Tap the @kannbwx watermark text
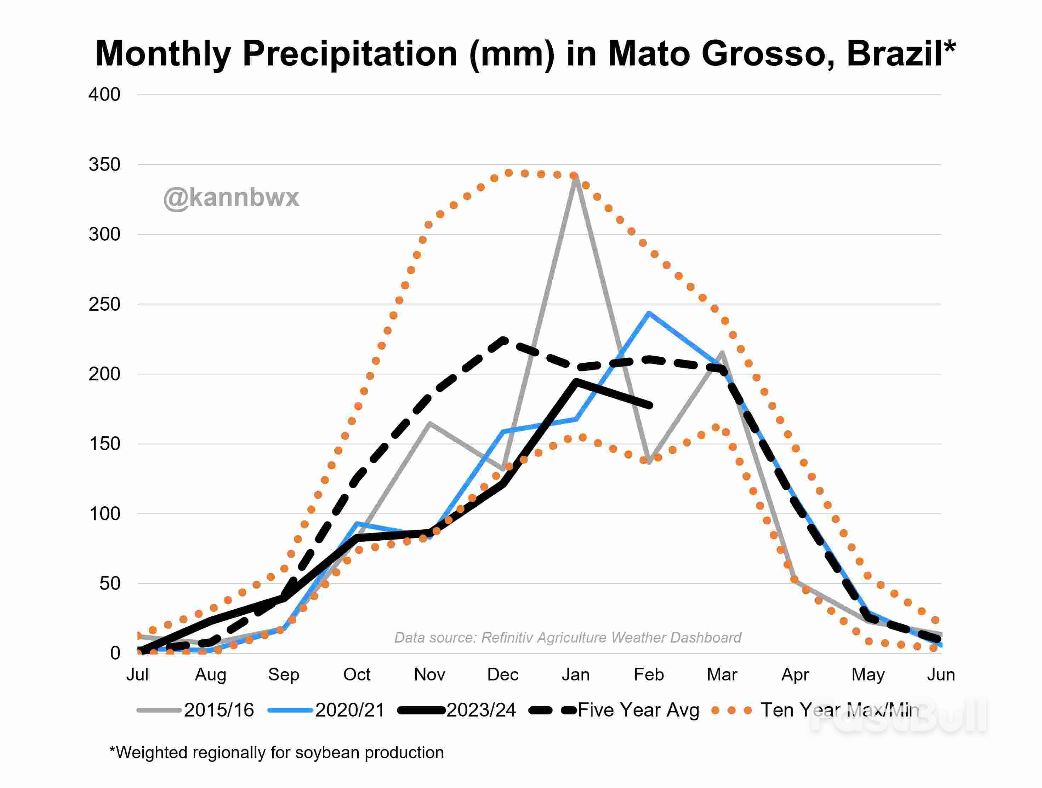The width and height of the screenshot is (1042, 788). point(231,197)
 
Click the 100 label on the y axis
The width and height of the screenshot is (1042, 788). point(104,513)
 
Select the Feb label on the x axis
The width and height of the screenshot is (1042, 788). point(649,674)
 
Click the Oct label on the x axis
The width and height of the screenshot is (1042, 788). point(357,674)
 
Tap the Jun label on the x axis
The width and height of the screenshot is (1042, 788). point(941,674)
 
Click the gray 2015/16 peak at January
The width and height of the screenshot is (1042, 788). point(576,178)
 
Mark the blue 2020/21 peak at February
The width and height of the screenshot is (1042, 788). point(649,313)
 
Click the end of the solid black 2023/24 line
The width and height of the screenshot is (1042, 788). point(650,405)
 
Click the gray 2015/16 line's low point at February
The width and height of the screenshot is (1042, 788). point(649,462)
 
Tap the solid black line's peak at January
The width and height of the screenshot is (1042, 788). point(576,381)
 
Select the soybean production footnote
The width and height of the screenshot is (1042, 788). point(277,752)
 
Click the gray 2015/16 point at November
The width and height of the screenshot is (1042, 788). point(429,423)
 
